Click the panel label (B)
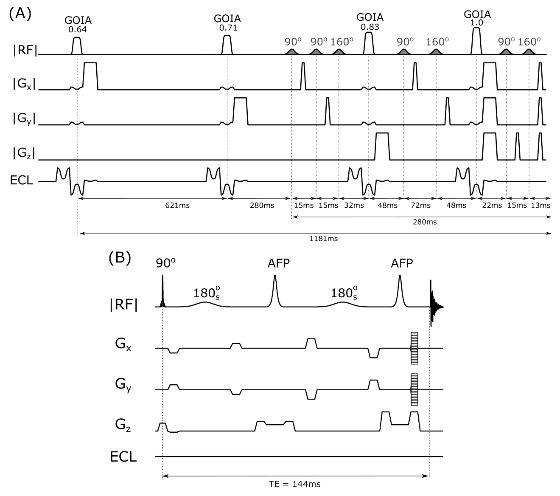pyautogui.click(x=120, y=257)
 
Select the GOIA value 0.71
pyautogui.click(x=228, y=28)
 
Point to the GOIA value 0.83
pyautogui.click(x=370, y=27)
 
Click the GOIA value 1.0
pyautogui.click(x=477, y=23)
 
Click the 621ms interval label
pyautogui.click(x=177, y=206)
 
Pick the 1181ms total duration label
pyautogui.click(x=324, y=239)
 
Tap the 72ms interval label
pyautogui.click(x=420, y=206)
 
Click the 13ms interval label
pyautogui.click(x=541, y=206)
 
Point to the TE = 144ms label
pyautogui.click(x=296, y=484)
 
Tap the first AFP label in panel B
pyautogui.click(x=279, y=263)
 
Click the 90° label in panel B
pyautogui.click(x=165, y=263)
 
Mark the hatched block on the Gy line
pyautogui.click(x=414, y=389)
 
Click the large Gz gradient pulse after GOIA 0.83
pyautogui.click(x=382, y=146)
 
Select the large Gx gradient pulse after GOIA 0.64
pyautogui.click(x=90, y=76)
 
